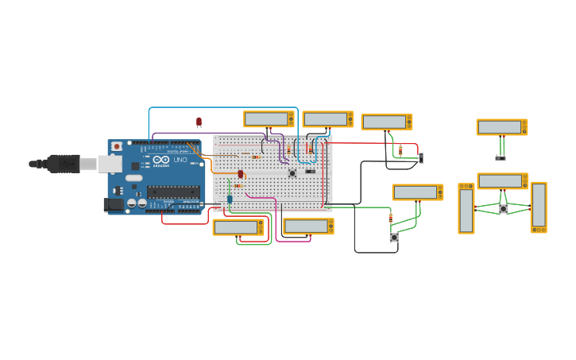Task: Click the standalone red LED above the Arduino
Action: pos(199,122)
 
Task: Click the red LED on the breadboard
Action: pos(240,174)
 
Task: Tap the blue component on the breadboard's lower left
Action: pos(230,199)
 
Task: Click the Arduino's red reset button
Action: pos(117,146)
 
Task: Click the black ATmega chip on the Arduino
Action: pos(173,191)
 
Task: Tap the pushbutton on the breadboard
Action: pos(292,172)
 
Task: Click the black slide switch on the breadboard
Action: pos(310,171)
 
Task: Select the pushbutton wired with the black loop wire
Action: pos(393,237)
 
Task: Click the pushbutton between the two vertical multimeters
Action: pos(503,209)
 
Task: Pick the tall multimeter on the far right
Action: pos(539,207)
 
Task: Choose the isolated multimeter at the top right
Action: pos(501,127)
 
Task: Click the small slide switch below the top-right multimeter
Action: pos(501,157)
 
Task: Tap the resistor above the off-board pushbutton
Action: pos(390,218)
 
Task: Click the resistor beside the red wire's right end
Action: pos(400,149)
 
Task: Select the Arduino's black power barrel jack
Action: pos(113,205)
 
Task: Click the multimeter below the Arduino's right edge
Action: pos(238,227)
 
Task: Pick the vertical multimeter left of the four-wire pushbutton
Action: pos(466,209)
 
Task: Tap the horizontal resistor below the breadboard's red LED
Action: pos(238,185)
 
